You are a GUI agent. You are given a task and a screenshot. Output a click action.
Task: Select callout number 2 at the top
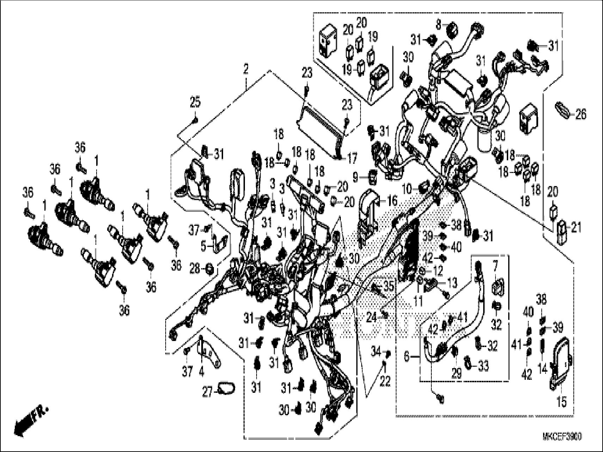coord(246,68)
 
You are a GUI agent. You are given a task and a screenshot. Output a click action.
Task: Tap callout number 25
coord(195,103)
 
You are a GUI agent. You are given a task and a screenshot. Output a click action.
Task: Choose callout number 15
coord(561,401)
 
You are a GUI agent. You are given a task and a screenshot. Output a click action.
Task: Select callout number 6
coord(407,357)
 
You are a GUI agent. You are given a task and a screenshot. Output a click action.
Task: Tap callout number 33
coord(484,366)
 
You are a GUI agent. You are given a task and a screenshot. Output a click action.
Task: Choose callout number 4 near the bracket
coord(201,371)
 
